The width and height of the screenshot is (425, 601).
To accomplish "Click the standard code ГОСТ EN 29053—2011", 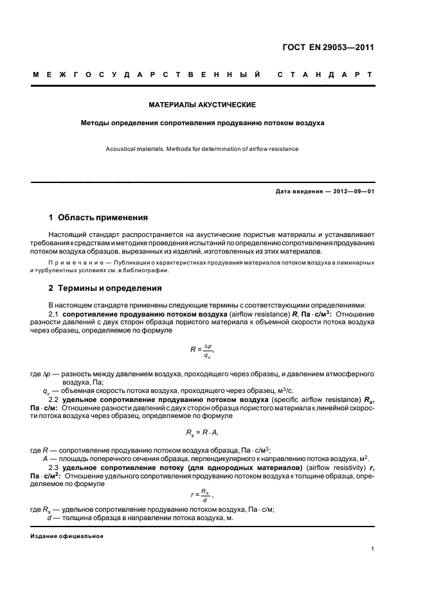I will (327, 47).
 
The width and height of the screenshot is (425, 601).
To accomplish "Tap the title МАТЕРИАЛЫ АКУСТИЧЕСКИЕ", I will (203, 104).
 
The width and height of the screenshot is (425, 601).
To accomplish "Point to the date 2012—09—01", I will (349, 192).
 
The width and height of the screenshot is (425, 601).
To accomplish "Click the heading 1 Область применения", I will (98, 217).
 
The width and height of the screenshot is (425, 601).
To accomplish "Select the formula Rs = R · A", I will (203, 432).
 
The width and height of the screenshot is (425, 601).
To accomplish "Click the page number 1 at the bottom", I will (373, 549).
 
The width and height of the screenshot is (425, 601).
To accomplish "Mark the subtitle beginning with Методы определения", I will (203, 121).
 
